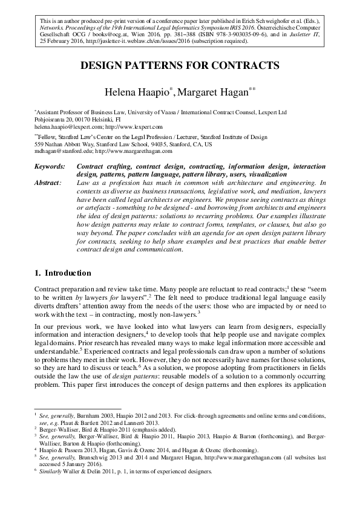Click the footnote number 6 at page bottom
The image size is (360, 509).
pyautogui.click(x=36, y=470)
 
